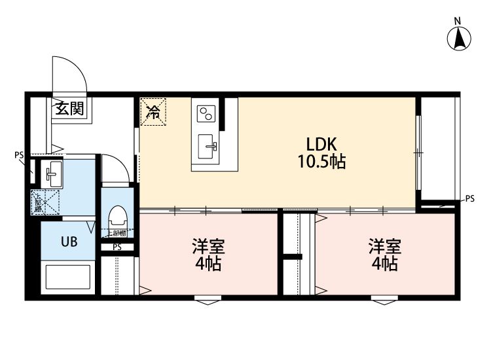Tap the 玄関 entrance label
69,109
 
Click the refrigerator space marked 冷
153,111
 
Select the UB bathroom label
69,242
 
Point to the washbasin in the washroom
52,173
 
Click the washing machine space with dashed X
45,201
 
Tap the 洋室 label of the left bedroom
208,247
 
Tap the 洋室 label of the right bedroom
384,247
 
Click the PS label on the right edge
469,198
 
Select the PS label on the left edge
18,155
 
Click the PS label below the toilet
117,247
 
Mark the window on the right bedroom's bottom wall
384,301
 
